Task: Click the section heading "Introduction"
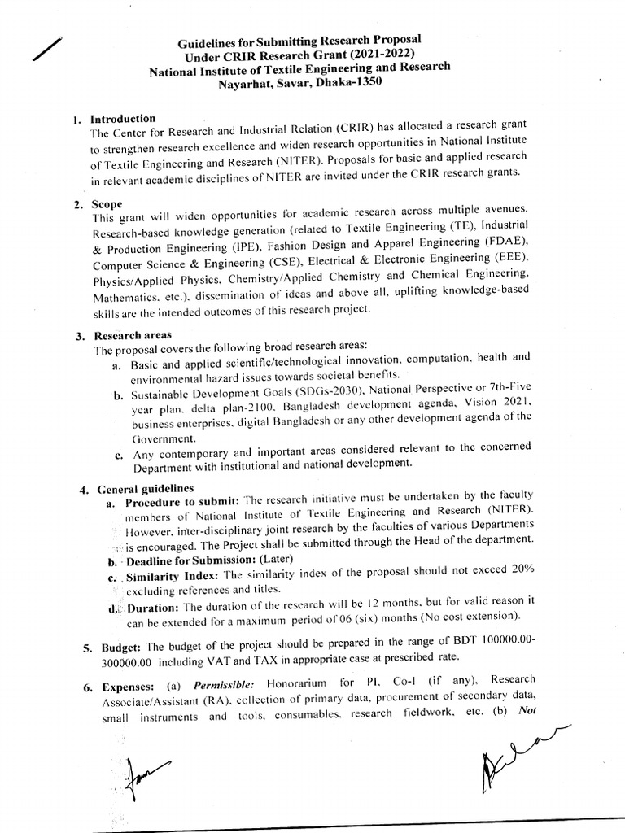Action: click(123, 119)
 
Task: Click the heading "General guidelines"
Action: click(146, 488)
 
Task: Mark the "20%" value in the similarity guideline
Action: click(518, 570)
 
